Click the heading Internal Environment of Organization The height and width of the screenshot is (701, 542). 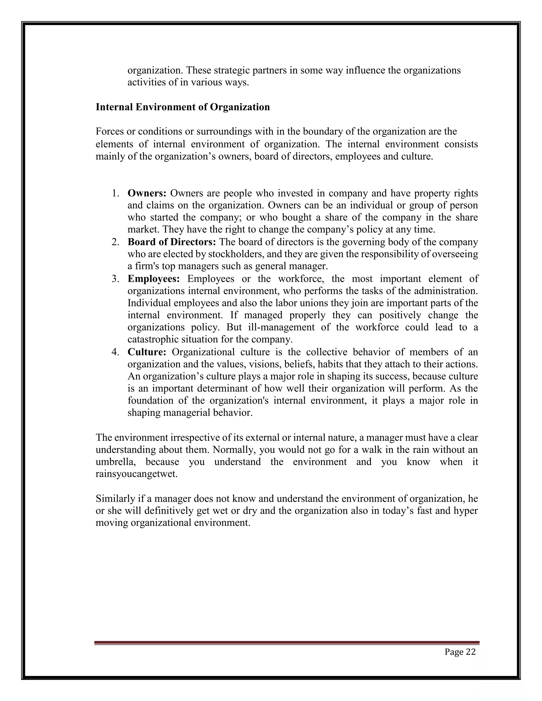pos(183,107)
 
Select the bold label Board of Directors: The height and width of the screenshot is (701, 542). pos(172,242)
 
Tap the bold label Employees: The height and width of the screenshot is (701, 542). pos(153,279)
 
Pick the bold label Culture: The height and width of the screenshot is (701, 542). pos(147,352)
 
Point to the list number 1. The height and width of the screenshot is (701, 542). pos(115,193)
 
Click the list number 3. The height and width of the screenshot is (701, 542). pos(115,279)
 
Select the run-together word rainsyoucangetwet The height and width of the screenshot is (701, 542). pos(137,474)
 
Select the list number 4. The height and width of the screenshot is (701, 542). pos(115,352)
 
